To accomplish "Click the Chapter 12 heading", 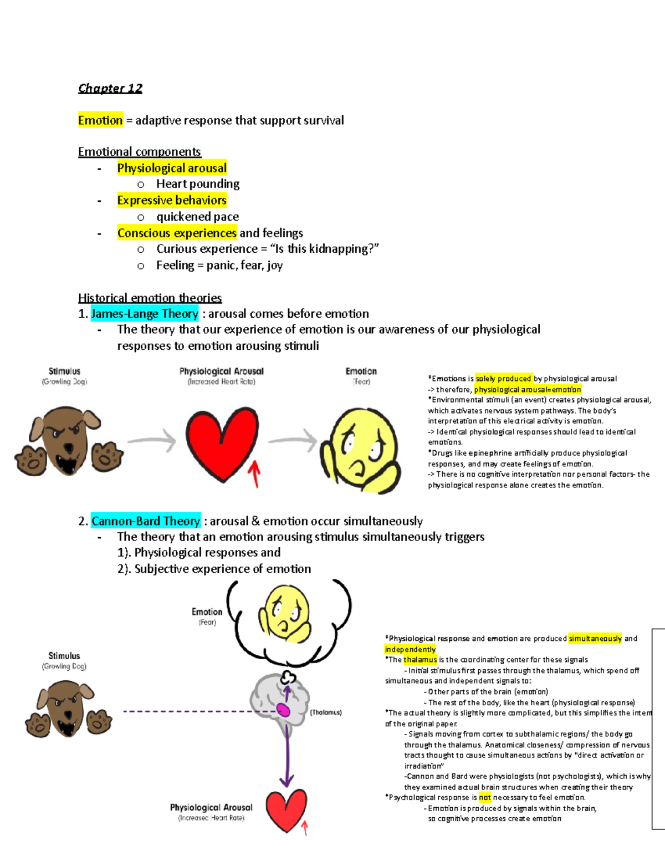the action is [110, 88].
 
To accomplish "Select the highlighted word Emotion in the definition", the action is [100, 120].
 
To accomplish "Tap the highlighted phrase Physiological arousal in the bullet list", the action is [172, 168].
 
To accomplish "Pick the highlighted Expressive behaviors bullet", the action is [172, 200].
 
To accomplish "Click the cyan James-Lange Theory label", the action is [145, 314].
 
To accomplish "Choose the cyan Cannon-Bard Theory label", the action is [146, 521].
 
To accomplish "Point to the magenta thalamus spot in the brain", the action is [284, 710].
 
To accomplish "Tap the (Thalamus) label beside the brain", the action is [326, 712].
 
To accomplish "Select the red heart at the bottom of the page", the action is [286, 809].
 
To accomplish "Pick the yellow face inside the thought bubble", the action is [287, 613].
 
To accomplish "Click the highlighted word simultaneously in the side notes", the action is [595, 639].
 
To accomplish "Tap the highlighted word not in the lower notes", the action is [485, 798].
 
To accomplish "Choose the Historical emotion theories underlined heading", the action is [150, 298].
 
